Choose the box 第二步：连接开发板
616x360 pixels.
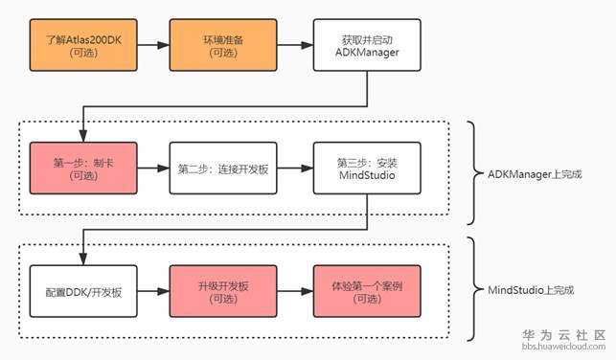click(x=225, y=169)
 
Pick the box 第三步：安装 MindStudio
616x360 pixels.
click(x=366, y=169)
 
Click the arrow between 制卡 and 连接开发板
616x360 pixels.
click(x=155, y=169)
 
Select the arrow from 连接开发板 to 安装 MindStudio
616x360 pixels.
click(x=296, y=169)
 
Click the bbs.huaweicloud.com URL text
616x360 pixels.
click(x=563, y=349)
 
